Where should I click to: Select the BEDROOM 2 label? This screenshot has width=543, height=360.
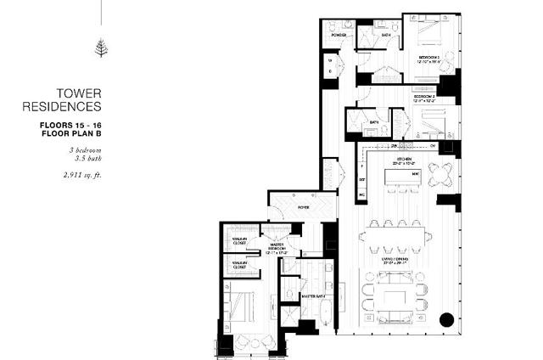[425, 98]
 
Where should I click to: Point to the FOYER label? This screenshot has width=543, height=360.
[301, 208]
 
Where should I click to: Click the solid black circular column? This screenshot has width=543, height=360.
[447, 320]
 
